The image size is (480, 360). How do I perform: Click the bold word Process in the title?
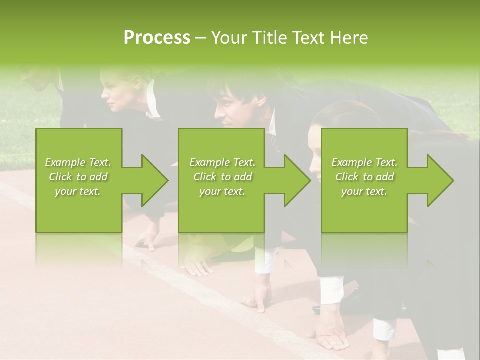coord(157,38)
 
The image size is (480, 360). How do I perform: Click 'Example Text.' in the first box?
coord(78,162)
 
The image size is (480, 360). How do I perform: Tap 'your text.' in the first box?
coord(78,191)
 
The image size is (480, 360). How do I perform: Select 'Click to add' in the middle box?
coord(222,177)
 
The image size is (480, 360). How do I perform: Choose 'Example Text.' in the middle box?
coord(222,162)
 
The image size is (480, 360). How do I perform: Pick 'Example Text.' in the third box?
coord(364,162)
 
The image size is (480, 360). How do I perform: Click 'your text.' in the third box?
coord(364,191)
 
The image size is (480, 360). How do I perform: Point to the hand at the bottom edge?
coord(332,340)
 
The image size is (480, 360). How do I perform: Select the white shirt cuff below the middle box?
coord(264,262)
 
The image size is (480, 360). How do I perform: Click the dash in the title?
coord(201,38)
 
